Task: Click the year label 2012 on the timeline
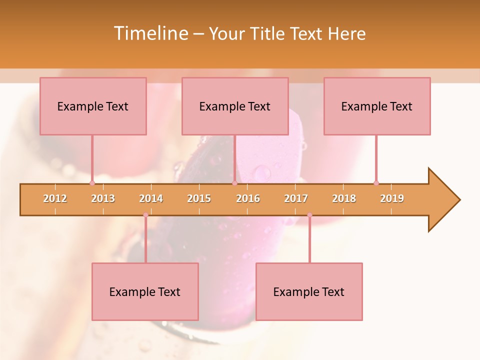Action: tap(55, 198)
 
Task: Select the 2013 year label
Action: tap(103, 198)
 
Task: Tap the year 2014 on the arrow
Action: tap(151, 198)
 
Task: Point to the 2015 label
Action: tap(199, 198)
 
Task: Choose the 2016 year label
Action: tap(248, 198)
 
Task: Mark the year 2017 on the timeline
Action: tap(296, 198)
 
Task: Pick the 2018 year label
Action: tap(344, 198)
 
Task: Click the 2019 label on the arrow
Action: tap(392, 198)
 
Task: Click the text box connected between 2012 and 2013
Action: tap(93, 106)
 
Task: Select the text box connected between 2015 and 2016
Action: tap(235, 106)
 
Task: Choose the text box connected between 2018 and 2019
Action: tap(377, 106)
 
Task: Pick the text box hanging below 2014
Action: tap(145, 291)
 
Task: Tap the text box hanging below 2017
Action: tap(309, 291)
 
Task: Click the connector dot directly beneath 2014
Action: tap(145, 215)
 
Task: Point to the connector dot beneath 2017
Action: tap(309, 215)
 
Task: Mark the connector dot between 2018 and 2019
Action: tap(376, 183)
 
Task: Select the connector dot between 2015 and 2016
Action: tap(234, 183)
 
